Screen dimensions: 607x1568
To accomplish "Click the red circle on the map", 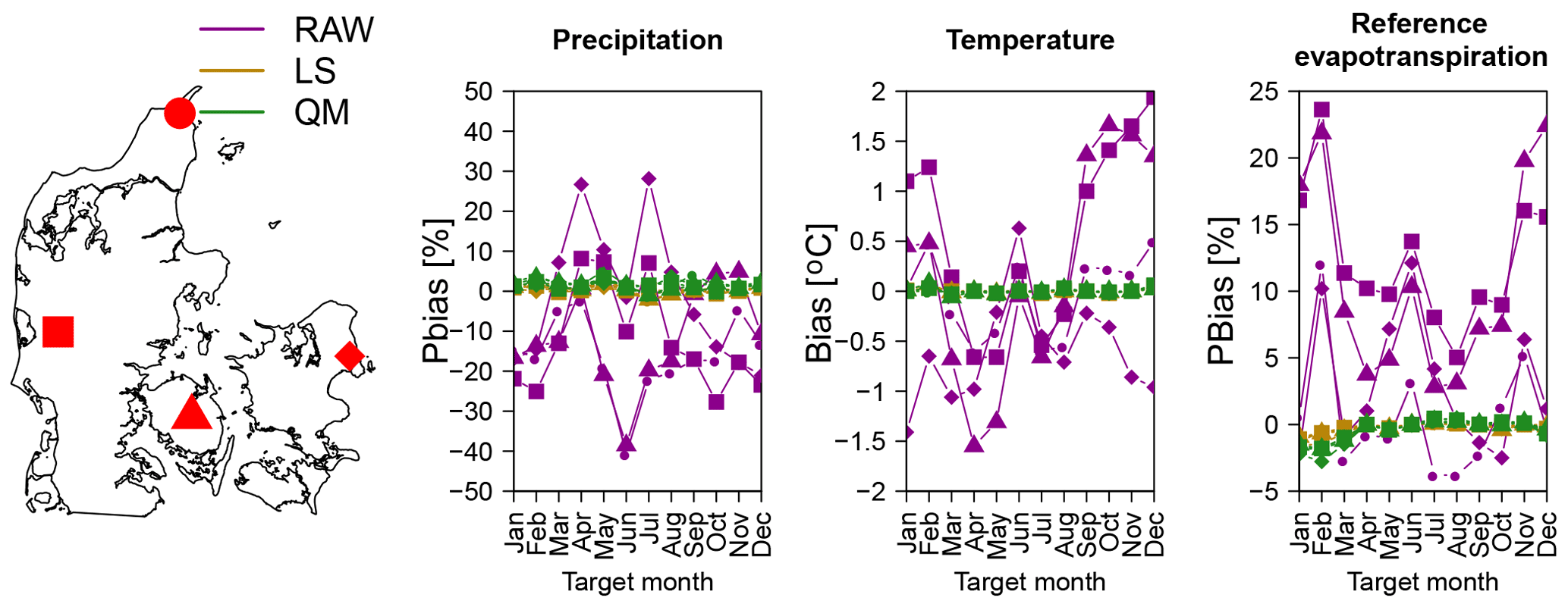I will [x=180, y=113].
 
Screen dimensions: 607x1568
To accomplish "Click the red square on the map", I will [x=58, y=332].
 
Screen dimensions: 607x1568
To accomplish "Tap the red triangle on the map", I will [x=191, y=414].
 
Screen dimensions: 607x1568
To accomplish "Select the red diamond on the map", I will [x=349, y=355].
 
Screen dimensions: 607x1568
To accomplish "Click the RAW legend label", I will [x=334, y=30].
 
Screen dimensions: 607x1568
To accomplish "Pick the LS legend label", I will [x=315, y=71].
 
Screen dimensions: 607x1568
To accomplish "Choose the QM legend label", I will [x=322, y=113].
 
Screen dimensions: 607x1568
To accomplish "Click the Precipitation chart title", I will [x=637, y=40].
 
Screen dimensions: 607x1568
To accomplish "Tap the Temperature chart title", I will [x=1029, y=40].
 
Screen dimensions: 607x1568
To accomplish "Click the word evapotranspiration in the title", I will [x=1420, y=57].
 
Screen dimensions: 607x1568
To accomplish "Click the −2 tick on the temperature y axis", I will [x=873, y=492].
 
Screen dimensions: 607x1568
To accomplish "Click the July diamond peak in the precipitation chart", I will [x=649, y=179].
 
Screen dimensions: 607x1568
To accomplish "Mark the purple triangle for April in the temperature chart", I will [x=974, y=444].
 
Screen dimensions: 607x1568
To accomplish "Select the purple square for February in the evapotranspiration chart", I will [x=1321, y=110].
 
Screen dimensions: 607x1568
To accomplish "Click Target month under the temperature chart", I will [x=1029, y=582].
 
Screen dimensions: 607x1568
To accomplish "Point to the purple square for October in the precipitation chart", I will [x=716, y=402].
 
